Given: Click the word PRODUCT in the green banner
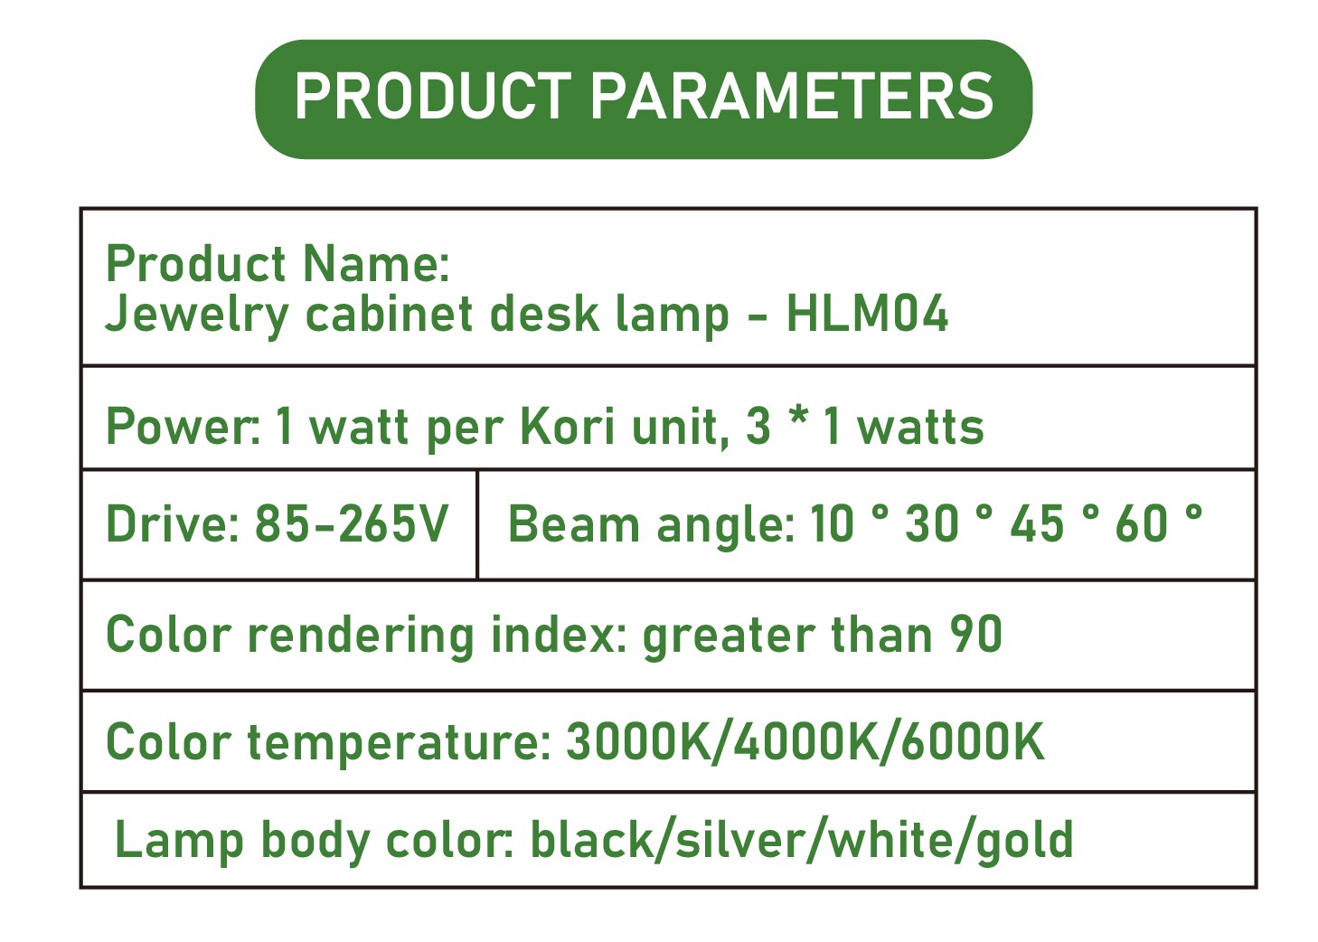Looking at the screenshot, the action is [433, 96].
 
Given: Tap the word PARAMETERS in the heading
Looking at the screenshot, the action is [792, 96].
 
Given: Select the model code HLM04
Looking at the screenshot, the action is [867, 314].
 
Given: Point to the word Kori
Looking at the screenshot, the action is [568, 426].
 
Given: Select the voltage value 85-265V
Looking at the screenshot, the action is [352, 523].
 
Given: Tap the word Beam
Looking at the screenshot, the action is [574, 523].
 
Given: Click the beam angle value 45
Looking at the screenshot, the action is [1038, 523].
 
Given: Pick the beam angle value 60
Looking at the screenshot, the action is [1141, 523].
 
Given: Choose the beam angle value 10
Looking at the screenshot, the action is [832, 523].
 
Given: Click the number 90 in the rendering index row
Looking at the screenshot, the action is [976, 634].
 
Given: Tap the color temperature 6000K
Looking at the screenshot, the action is [973, 741].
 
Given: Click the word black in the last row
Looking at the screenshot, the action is [592, 838].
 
